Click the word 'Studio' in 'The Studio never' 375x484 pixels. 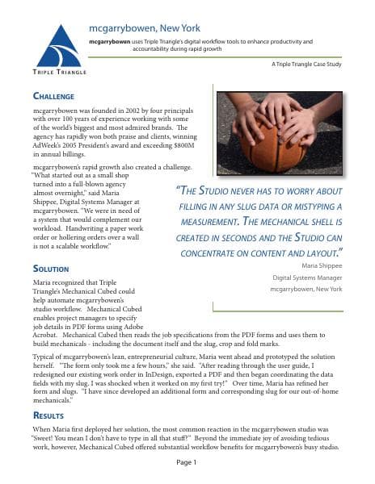[x=223, y=190]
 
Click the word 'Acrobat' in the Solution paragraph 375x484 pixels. [x=48, y=333]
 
